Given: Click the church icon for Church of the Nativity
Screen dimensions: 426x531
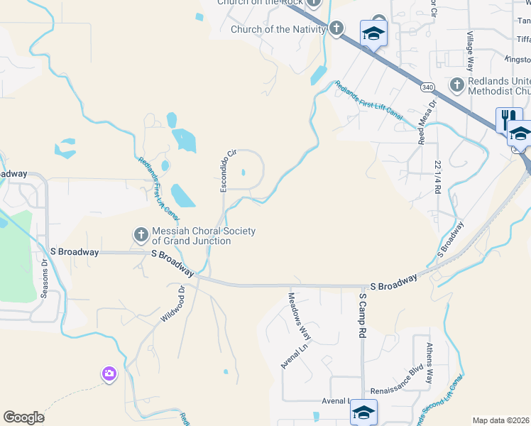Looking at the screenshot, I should coord(336,29).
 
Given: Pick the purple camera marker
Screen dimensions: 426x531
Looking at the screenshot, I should coord(109,373).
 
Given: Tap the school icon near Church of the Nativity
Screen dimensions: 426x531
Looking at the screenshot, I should coord(373,33).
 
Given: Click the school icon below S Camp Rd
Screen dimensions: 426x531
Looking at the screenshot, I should coord(363,411).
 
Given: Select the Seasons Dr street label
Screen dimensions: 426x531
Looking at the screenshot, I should coord(44,281).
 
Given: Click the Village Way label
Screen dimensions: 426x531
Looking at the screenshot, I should coord(469,50).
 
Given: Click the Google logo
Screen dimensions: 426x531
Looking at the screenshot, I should coord(24,417).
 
